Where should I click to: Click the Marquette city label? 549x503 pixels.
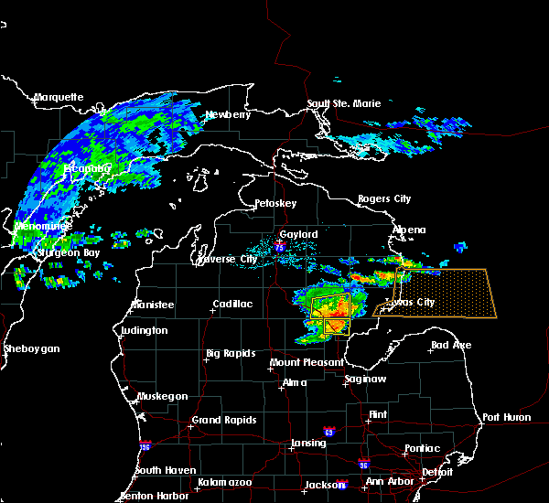point(59,97)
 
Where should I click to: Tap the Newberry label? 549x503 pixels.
point(226,114)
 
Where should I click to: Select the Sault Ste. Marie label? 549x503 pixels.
point(343,103)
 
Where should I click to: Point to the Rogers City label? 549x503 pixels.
point(384,198)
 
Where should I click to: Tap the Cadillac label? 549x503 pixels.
point(231,304)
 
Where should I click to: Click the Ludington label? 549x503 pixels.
point(144,330)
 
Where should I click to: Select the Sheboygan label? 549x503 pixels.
point(31,348)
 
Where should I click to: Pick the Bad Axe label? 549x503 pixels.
point(451,345)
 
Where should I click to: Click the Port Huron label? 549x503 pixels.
point(506,417)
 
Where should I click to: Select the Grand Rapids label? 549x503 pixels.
point(223,421)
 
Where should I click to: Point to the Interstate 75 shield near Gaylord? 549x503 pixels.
point(279,244)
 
